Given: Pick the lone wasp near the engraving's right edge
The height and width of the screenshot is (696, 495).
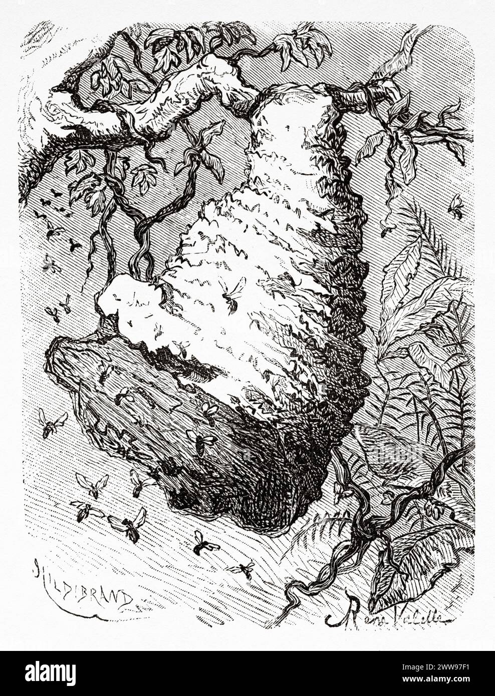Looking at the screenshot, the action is coord(455,206).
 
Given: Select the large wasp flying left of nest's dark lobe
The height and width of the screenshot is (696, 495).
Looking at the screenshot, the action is coord(53,422).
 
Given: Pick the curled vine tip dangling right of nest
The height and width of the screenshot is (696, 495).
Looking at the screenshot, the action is coord(386,225).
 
